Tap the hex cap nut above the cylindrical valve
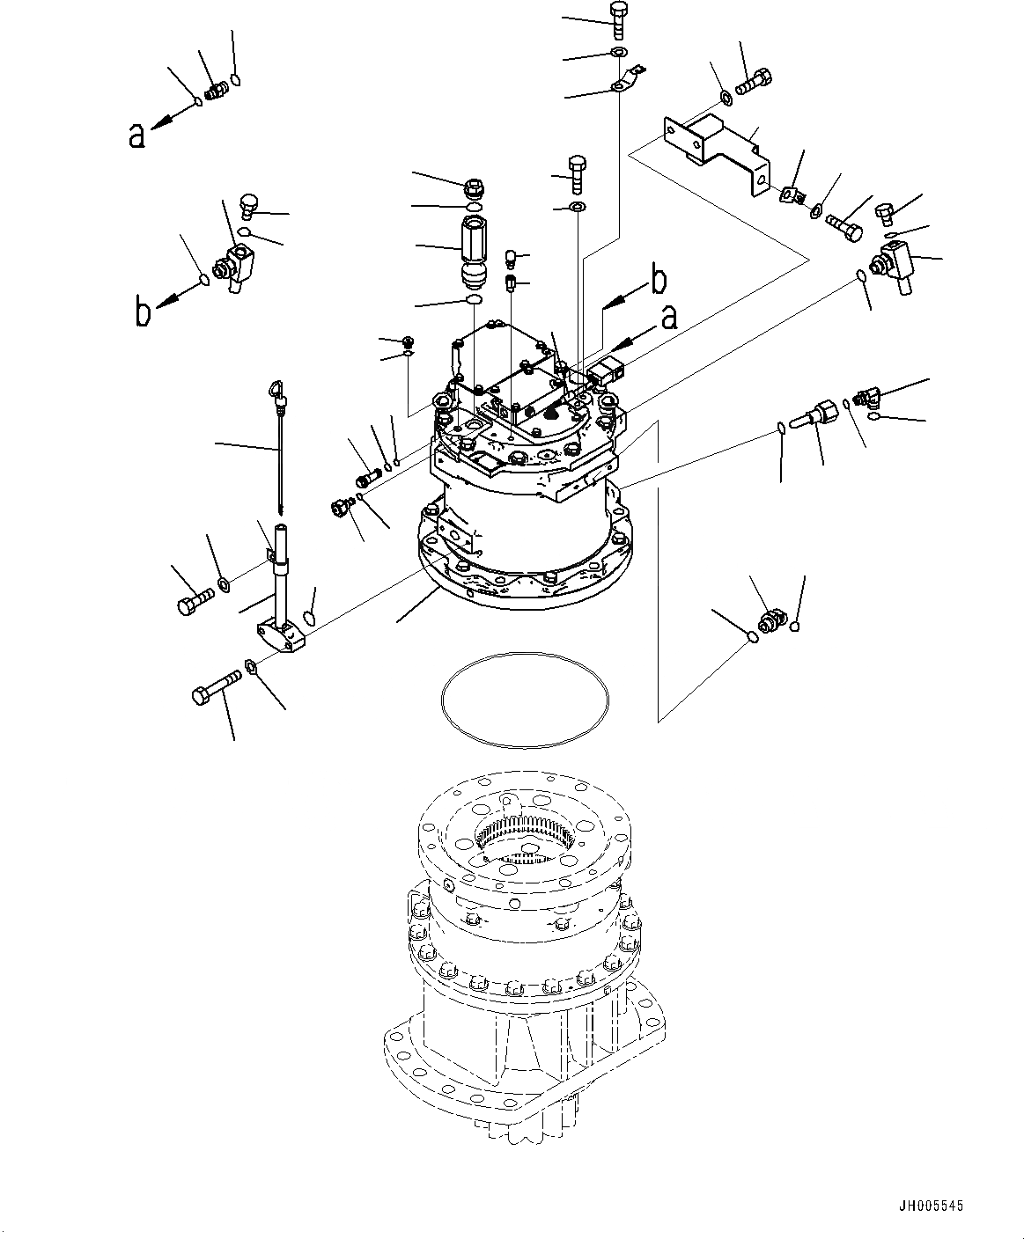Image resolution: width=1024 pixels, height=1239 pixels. pos(474,187)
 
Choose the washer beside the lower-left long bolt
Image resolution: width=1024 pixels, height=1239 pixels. pos(251,666)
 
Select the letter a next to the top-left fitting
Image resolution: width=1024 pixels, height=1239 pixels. pos(136,134)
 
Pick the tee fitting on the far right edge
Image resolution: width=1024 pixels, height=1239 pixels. pos(894,264)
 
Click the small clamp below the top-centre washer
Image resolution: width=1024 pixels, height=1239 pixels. pos(624,82)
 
